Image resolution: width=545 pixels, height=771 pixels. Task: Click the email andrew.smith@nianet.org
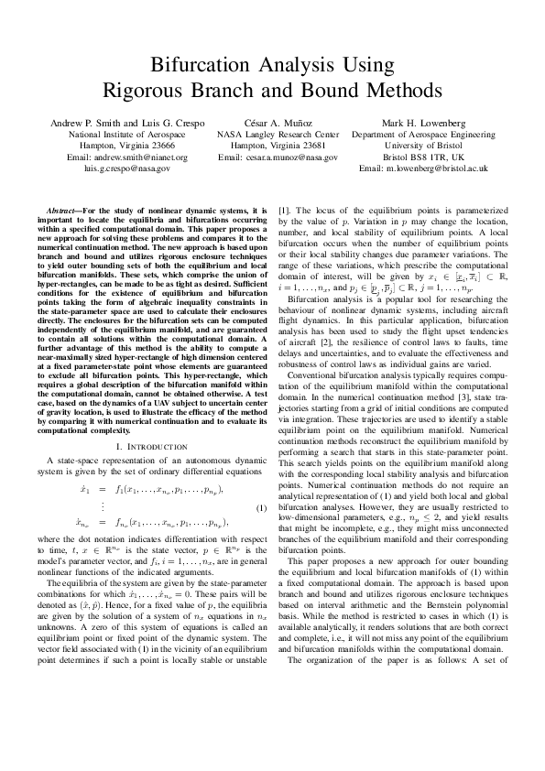(135, 157)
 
